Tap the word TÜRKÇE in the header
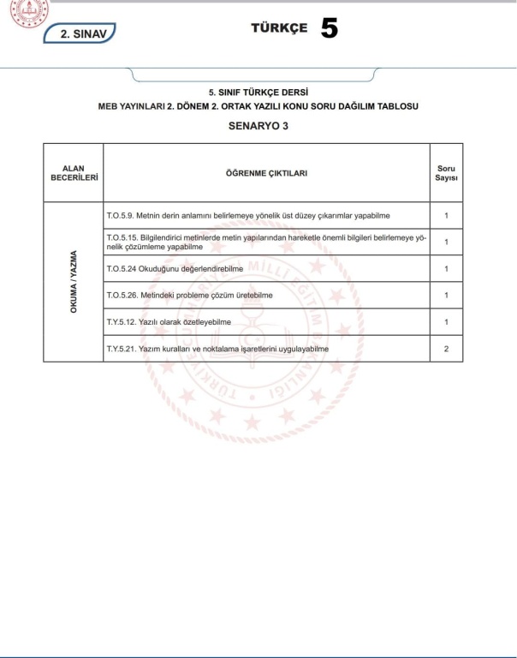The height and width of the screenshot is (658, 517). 279,28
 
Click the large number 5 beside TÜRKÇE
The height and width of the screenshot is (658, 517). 330,29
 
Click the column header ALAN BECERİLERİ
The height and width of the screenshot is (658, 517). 74,173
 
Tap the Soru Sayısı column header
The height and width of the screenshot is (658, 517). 446,173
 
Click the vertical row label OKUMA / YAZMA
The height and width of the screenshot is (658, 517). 74,281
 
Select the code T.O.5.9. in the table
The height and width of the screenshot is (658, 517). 119,215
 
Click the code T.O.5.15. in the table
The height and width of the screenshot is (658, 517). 121,236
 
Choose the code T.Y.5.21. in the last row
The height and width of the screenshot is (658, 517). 121,349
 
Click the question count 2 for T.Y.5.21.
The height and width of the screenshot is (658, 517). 446,349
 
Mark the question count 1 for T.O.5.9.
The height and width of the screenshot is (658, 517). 446,215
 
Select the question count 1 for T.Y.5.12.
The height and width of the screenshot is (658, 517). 446,322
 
